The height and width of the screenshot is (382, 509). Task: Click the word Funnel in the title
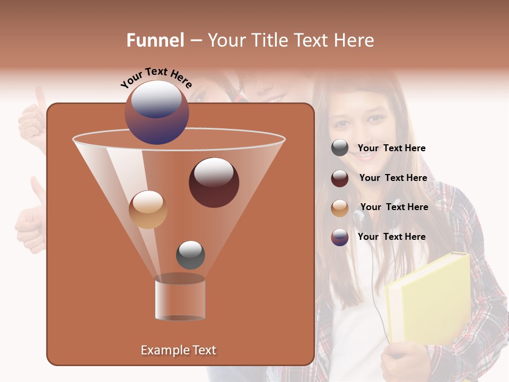coord(155,40)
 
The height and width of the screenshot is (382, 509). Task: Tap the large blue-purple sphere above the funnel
coord(156,112)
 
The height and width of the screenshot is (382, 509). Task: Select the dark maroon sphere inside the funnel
coord(214,182)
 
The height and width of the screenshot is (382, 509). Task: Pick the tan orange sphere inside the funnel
coord(148,210)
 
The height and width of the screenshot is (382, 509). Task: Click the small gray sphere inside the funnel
coord(190,255)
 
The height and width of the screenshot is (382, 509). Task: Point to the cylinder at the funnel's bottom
coord(180,298)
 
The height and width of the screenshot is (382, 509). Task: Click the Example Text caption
coord(178,350)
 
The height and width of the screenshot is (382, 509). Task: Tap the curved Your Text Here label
coord(156,77)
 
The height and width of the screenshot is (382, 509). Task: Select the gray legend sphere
coord(340,148)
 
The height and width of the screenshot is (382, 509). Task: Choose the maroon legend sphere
coord(340,178)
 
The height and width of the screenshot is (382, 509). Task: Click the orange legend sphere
coord(340,207)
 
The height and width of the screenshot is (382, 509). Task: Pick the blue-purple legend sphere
coord(340,237)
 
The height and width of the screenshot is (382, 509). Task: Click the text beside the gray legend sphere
coord(391,149)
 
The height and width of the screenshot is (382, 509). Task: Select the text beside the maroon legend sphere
coord(393,178)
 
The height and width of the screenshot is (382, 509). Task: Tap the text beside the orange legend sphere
coord(394,207)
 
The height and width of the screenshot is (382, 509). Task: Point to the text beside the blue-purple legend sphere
coord(391,237)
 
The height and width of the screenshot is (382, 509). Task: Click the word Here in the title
coord(355,40)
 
